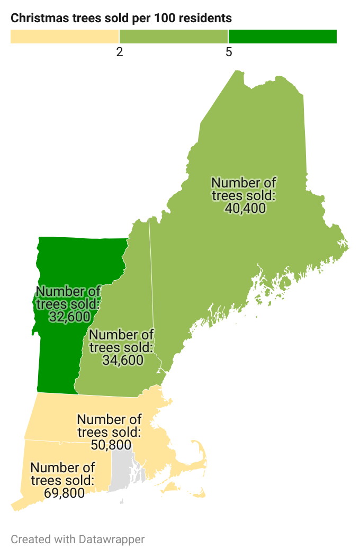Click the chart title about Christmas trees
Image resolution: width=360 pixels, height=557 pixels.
[x=121, y=18]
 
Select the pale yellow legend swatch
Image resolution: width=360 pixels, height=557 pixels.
[x=65, y=37]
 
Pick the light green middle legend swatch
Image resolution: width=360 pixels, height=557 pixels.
[x=174, y=37]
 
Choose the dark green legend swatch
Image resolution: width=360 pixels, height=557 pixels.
[x=283, y=37]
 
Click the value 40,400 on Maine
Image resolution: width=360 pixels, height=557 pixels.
[x=245, y=208]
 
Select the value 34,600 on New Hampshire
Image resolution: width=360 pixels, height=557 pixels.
[x=123, y=360]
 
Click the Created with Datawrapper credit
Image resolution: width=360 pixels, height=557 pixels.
[x=77, y=540]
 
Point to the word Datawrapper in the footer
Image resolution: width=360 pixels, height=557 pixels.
[x=112, y=540]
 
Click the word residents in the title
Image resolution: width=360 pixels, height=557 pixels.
[x=205, y=18]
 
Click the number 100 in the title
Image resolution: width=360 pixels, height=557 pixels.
[x=164, y=18]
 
